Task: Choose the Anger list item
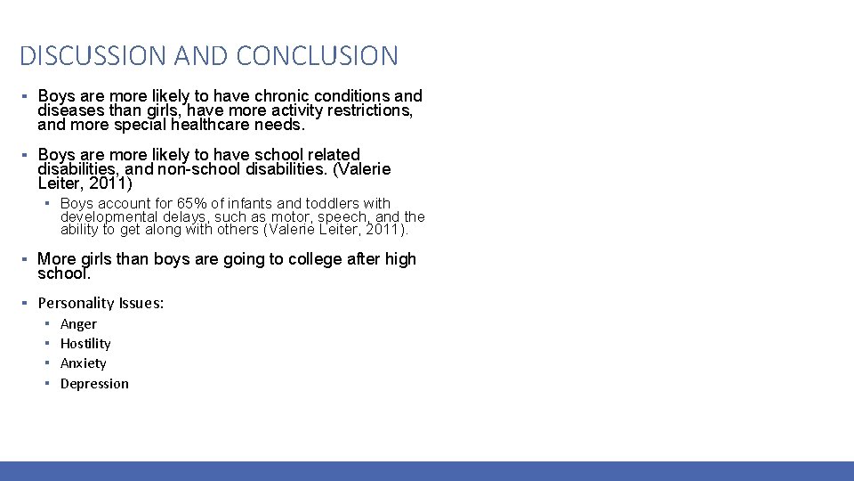[78, 324]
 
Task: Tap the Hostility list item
[85, 344]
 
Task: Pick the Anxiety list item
[83, 363]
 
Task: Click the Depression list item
[94, 384]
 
